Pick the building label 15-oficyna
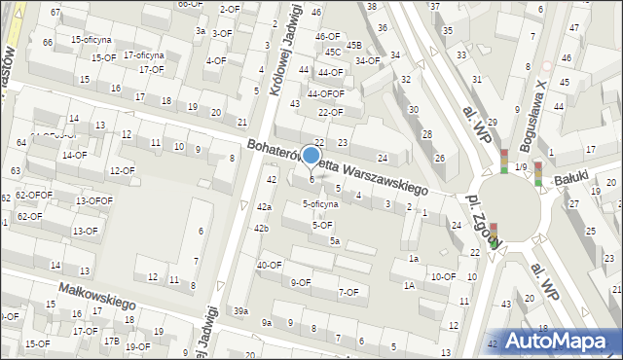[x=91, y=40]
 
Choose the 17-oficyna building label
[x=143, y=55]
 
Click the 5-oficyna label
[x=320, y=204]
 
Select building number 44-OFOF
[x=326, y=94]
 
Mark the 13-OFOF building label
[x=94, y=200]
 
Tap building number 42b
[x=261, y=228]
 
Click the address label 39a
[x=240, y=310]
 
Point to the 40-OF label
[x=270, y=265]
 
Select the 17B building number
[x=112, y=341]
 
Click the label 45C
[x=333, y=52]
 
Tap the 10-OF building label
[x=443, y=276]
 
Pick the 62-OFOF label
[x=33, y=195]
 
